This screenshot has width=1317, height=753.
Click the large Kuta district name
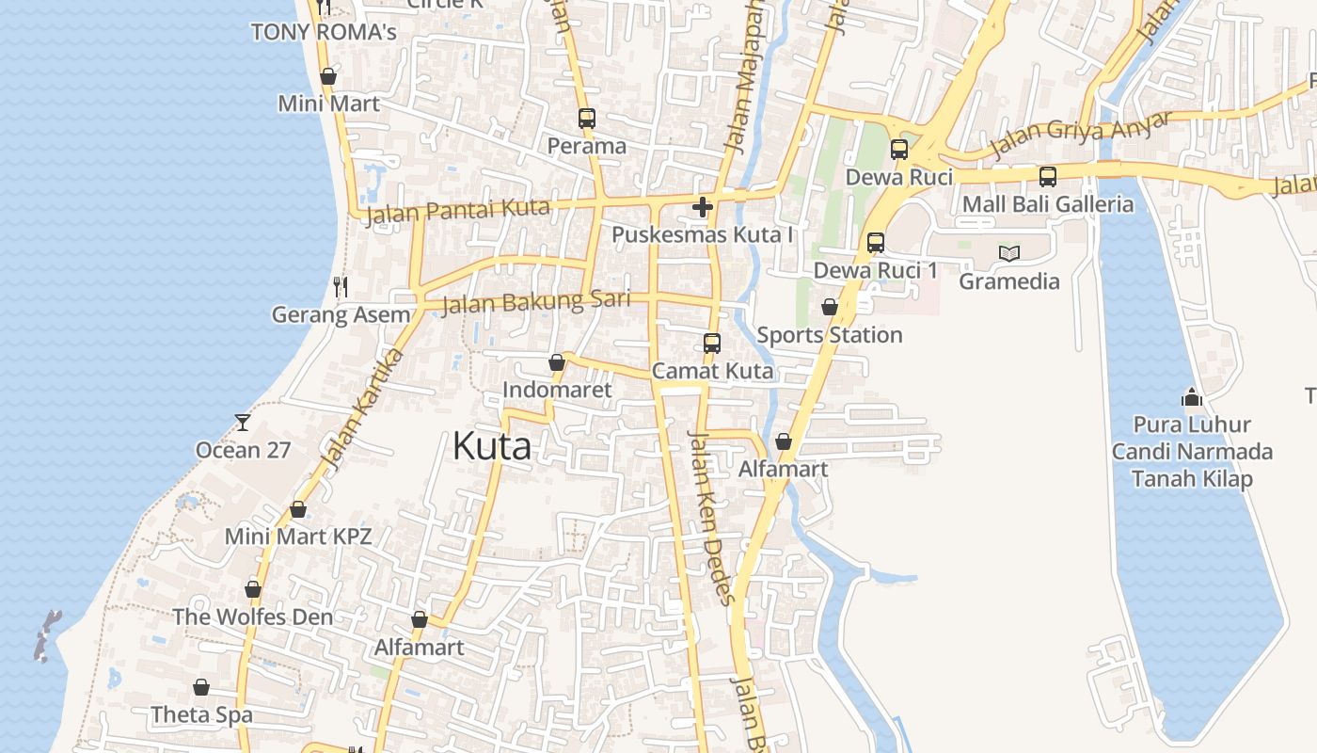click(491, 445)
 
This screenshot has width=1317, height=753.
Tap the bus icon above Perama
click(587, 119)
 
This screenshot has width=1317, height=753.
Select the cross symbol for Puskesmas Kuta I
click(702, 207)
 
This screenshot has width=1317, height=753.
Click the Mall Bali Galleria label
click(1047, 204)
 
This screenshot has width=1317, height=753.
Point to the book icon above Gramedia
click(1009, 253)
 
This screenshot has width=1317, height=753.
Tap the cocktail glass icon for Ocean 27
click(243, 422)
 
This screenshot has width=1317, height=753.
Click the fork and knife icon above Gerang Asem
click(341, 286)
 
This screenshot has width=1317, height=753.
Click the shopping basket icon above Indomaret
click(556, 362)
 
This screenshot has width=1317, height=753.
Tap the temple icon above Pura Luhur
click(1192, 396)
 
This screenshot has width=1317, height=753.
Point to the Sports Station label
click(829, 335)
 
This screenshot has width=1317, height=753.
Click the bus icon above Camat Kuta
click(712, 344)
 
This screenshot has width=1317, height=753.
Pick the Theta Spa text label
click(201, 714)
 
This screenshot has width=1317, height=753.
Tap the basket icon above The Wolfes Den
click(253, 589)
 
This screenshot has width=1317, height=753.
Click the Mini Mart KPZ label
click(298, 537)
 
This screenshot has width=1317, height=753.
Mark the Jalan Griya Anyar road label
click(1081, 135)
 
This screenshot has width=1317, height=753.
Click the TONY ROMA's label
click(324, 32)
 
